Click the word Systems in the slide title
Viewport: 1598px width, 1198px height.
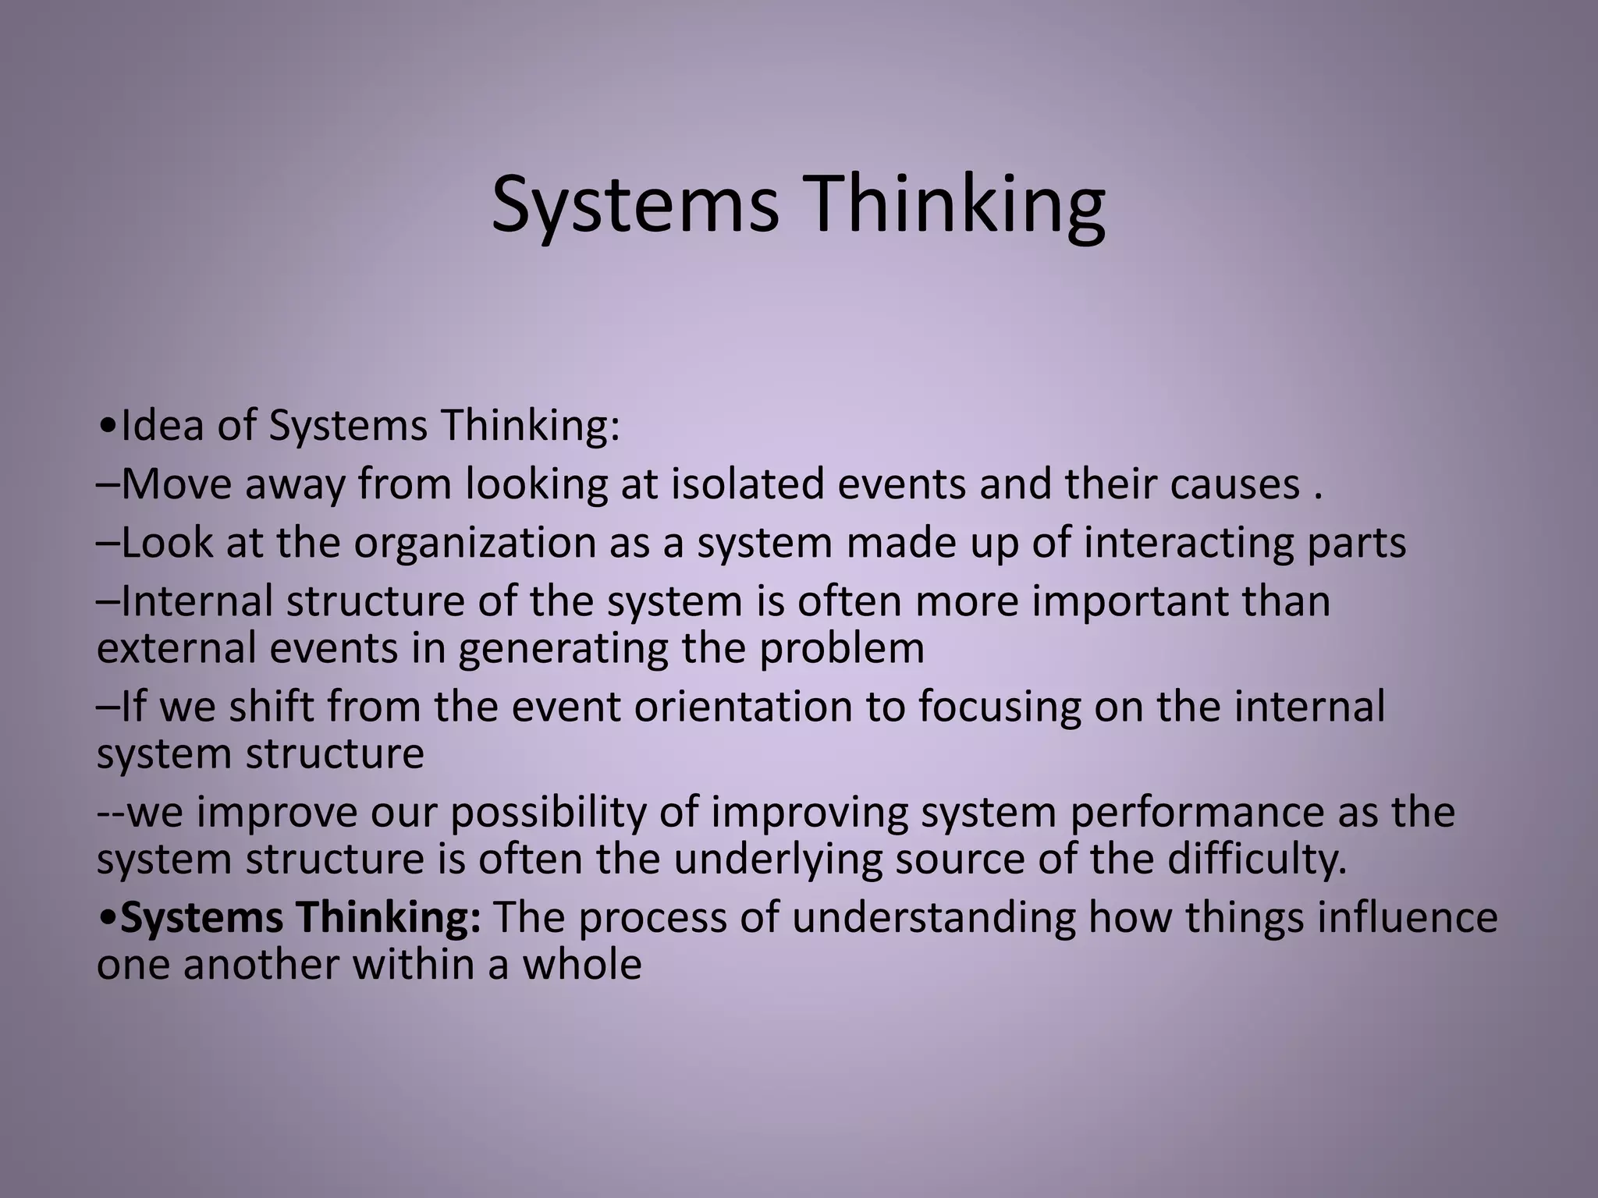tap(634, 204)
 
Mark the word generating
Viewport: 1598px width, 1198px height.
tap(563, 649)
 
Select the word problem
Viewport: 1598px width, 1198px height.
tap(842, 649)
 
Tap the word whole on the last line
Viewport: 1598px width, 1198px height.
tap(581, 965)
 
